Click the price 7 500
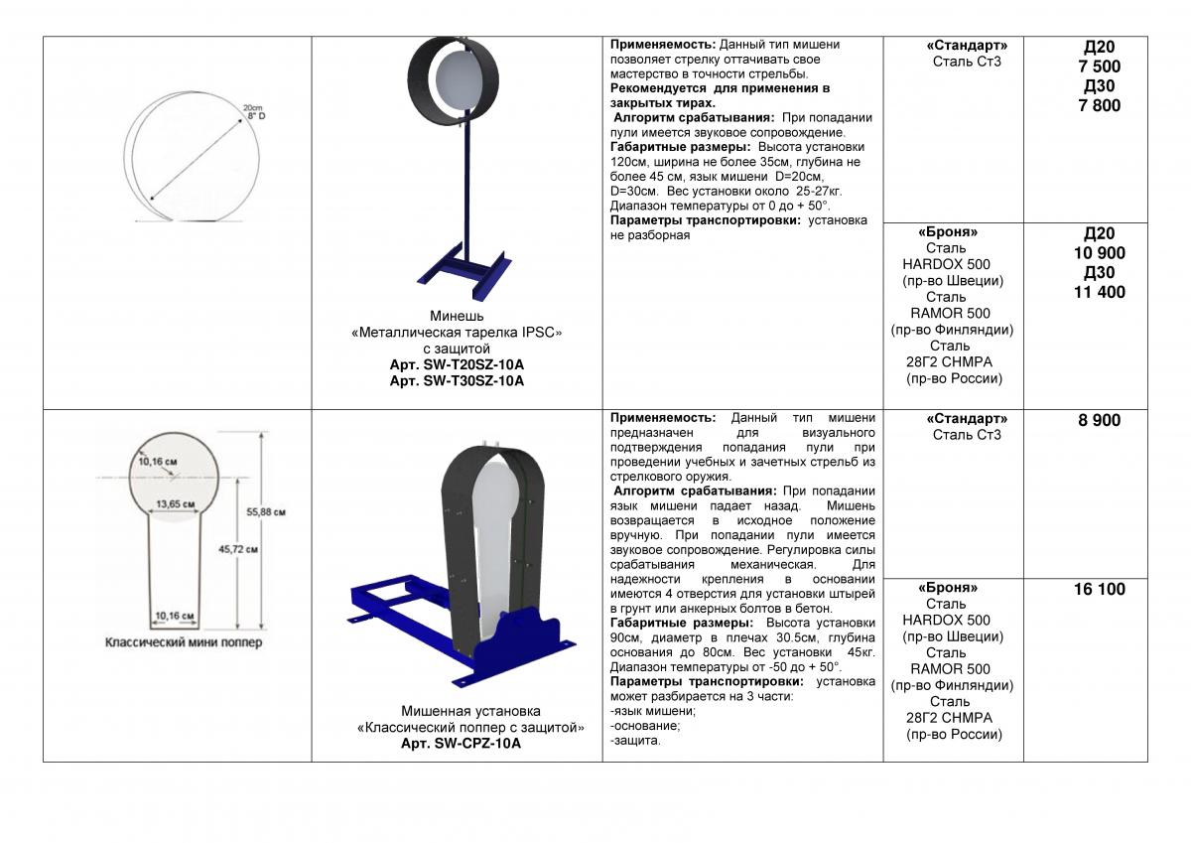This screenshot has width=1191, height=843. [1099, 67]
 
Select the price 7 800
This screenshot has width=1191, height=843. [1099, 105]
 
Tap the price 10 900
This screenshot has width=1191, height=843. [1099, 253]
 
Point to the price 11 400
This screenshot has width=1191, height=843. [1099, 292]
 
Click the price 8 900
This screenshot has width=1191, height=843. [1099, 420]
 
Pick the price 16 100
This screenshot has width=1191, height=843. [1099, 589]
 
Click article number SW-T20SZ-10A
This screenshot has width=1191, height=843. [457, 364]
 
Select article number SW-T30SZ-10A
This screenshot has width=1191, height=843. [457, 380]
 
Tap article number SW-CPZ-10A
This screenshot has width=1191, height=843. [461, 743]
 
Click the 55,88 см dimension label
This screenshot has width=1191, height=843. [266, 512]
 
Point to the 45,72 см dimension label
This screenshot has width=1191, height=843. [238, 548]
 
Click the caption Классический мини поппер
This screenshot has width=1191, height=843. [184, 642]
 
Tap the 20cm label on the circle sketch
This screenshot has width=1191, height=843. [252, 106]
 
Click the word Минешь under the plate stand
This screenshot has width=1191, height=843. [457, 317]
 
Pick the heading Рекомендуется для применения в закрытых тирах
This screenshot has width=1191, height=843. [720, 95]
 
